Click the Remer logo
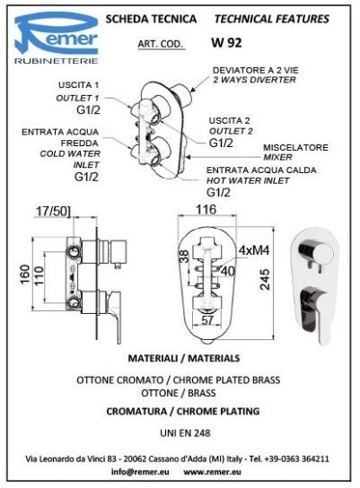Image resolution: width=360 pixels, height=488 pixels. click(57, 38)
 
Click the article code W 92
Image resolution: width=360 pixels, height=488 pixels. click(226, 43)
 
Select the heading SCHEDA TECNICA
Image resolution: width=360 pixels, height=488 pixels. click(151, 19)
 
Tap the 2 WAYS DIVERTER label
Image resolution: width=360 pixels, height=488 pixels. click(254, 80)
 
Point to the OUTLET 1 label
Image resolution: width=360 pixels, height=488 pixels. click(77, 98)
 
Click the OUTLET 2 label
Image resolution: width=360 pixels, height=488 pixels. click(231, 131)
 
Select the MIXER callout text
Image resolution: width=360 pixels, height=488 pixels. click(277, 157)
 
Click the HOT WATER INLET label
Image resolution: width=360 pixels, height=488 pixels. click(248, 180)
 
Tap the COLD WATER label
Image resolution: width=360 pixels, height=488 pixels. click(70, 153)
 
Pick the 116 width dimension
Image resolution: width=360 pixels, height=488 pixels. click(206, 209)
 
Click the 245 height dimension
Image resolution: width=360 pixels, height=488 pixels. click(265, 280)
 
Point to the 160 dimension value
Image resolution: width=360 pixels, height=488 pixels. click(24, 274)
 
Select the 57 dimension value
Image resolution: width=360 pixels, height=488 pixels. click(207, 320)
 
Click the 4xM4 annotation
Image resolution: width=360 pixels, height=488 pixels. click(254, 250)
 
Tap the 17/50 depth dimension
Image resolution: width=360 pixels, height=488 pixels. click(53, 211)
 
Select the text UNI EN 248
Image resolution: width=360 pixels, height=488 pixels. click(185, 433)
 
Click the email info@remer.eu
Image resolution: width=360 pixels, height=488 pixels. click(140, 472)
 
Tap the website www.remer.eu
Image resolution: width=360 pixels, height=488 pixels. click(212, 472)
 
